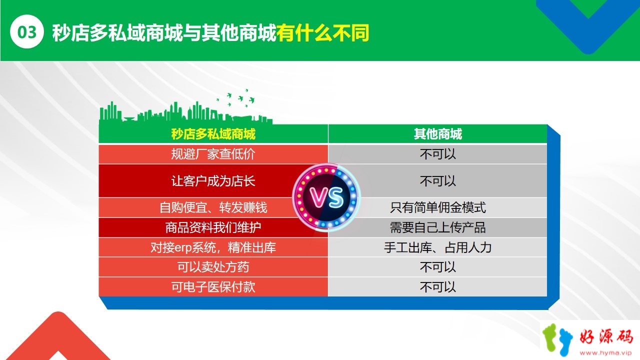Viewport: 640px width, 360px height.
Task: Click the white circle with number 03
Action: [x=27, y=31]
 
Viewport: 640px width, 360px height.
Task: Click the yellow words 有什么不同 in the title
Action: [x=323, y=32]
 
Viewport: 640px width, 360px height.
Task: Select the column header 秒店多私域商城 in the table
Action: [x=213, y=133]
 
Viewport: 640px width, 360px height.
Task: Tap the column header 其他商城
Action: [x=437, y=133]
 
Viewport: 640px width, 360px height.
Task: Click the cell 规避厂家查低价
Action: [x=213, y=154]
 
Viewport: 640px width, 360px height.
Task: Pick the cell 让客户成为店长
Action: [x=213, y=181]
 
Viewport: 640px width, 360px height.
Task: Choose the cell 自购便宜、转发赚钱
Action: [x=213, y=207]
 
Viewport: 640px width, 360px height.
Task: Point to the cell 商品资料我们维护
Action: [x=213, y=227]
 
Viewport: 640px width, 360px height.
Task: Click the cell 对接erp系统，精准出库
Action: [x=213, y=247]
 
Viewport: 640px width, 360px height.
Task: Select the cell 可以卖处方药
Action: [x=213, y=267]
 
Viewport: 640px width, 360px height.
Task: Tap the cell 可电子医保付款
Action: [x=213, y=287]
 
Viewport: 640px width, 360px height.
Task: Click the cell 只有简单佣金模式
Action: [x=437, y=207]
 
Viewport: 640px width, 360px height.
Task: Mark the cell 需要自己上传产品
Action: [x=437, y=227]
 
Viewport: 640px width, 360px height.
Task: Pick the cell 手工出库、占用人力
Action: [x=437, y=247]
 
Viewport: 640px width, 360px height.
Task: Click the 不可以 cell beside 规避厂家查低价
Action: [x=437, y=154]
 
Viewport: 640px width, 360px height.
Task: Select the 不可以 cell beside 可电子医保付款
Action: [x=437, y=287]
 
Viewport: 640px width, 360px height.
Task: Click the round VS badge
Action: [x=326, y=197]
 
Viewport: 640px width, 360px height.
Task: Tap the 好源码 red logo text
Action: [x=605, y=337]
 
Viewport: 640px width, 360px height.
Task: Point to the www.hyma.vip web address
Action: [x=605, y=353]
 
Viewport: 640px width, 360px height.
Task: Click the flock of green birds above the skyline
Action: [x=235, y=98]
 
